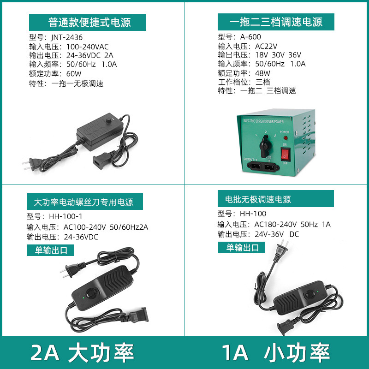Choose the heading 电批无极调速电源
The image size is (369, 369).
tap(258, 200)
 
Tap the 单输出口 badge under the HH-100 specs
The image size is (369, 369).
tap(242, 247)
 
